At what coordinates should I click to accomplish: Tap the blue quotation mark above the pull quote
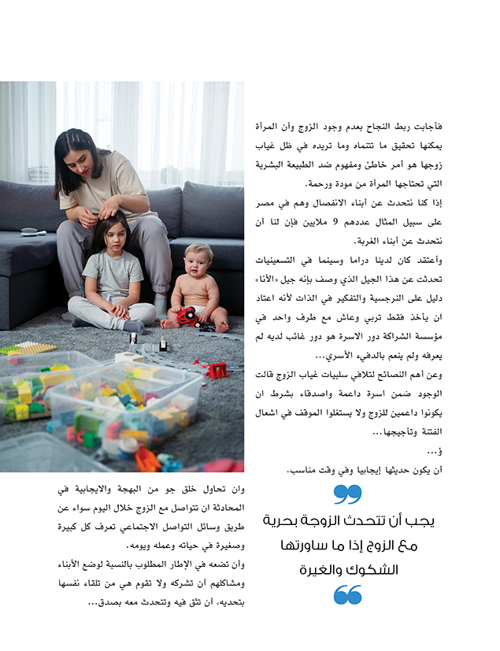coord(346,494)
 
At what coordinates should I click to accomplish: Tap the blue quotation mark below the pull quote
coord(347,595)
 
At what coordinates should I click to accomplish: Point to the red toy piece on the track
coord(216,370)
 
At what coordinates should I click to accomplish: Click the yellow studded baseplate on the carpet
coord(28,348)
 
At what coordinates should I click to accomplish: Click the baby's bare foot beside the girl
coord(169,323)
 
